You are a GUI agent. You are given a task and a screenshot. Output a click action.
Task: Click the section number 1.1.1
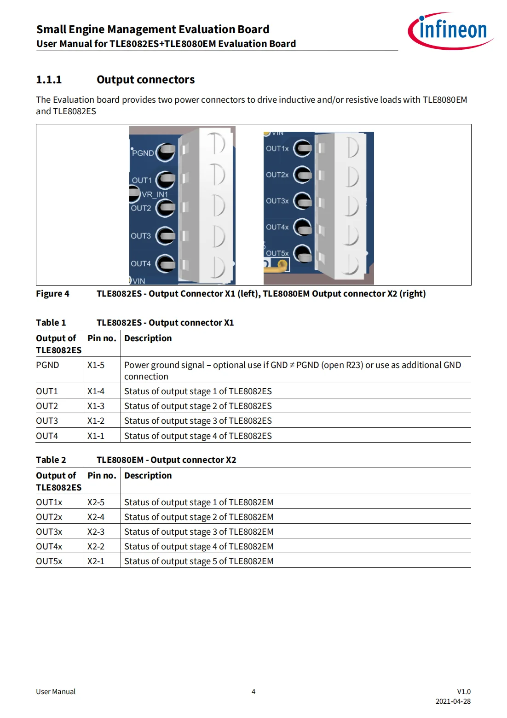coord(49,80)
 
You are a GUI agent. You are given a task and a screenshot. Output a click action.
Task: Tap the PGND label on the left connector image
coord(143,153)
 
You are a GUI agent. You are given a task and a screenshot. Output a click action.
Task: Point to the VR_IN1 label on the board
coord(155,194)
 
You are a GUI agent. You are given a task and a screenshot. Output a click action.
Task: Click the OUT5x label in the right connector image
coord(277,253)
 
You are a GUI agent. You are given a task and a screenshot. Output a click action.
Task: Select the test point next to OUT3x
coord(303,201)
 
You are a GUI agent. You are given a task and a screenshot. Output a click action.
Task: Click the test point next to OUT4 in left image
coord(166,263)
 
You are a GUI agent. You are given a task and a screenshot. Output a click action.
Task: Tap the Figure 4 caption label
coord(52,294)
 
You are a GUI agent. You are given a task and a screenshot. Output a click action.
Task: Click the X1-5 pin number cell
coord(96,365)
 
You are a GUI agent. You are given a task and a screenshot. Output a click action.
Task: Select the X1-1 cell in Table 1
coord(96,436)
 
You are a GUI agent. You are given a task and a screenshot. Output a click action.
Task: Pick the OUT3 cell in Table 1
coord(47,421)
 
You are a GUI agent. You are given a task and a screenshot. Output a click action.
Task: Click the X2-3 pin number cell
coord(96,532)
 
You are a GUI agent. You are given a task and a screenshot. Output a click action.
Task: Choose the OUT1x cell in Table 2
coord(49,502)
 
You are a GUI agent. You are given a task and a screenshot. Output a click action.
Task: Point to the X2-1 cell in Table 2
coord(96,561)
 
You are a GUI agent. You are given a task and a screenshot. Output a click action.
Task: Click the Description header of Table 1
coord(148,339)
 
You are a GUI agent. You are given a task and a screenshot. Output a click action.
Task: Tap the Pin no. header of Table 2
coord(102,476)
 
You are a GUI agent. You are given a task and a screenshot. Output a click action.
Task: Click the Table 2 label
coord(51,460)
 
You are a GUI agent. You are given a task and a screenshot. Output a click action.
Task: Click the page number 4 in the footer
coord(253,692)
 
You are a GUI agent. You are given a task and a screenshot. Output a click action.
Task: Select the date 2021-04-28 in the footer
coord(453,701)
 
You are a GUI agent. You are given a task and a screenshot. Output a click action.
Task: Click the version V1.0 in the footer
coord(463,692)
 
